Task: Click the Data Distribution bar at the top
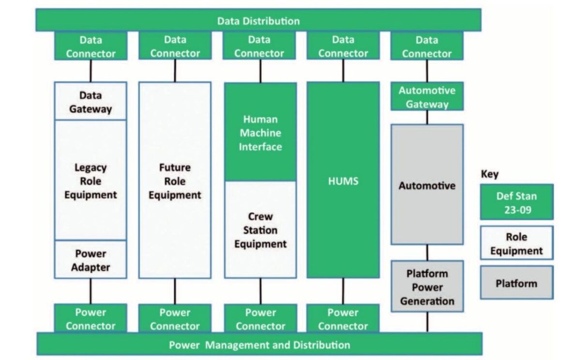click(258, 21)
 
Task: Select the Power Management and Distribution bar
click(259, 344)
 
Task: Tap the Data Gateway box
click(90, 102)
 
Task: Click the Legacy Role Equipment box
click(90, 181)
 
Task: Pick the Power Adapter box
click(90, 260)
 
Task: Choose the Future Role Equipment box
click(175, 181)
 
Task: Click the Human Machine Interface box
click(260, 132)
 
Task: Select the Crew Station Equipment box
click(260, 230)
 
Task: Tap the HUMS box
click(343, 181)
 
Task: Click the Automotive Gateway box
click(427, 97)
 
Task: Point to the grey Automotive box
click(427, 185)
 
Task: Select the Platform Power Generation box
click(427, 286)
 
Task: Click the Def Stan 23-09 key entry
click(516, 203)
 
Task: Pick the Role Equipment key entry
click(516, 244)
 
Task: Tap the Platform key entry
click(516, 283)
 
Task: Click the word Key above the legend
click(489, 174)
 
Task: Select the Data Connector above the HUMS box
click(343, 47)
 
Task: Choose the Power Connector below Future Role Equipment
click(175, 318)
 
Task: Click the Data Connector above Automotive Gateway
click(427, 47)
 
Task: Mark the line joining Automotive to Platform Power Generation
click(427, 252)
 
